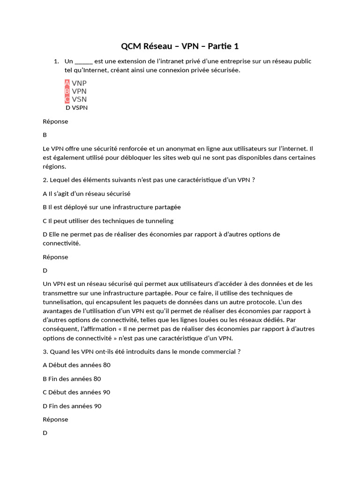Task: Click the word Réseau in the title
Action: coord(157,46)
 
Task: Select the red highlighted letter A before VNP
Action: coord(67,83)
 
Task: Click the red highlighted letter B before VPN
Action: coord(67,91)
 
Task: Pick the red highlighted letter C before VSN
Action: coord(67,99)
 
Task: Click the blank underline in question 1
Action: coord(84,61)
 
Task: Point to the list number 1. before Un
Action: coord(56,61)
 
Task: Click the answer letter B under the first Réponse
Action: coord(45,135)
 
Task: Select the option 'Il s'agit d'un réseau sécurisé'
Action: coord(86,193)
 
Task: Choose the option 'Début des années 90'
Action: coord(76,392)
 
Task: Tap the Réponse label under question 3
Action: coord(55,420)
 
